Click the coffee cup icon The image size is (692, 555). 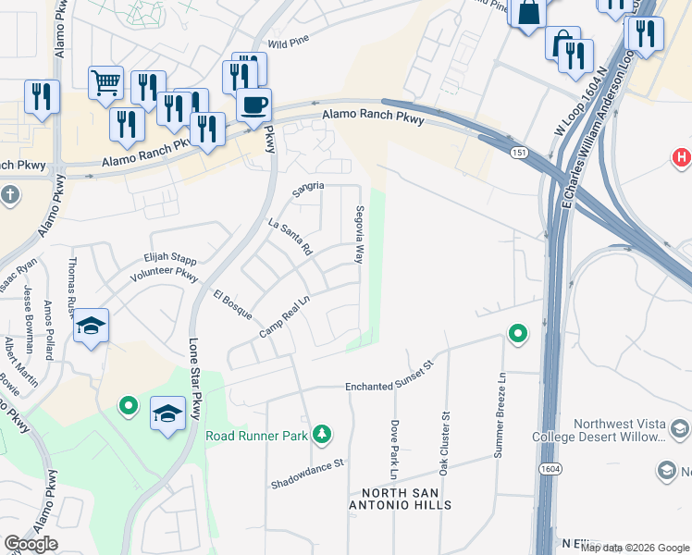point(253,105)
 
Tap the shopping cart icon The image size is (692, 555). point(105,83)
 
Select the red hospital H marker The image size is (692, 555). point(682,157)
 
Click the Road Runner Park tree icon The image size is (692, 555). point(322,433)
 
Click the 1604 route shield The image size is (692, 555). point(547,470)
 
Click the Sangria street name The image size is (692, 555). point(308,187)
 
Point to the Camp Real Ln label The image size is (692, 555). point(283,316)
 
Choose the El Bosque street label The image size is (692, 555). point(232,305)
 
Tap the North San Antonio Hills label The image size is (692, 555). point(400,498)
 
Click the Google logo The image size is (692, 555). point(31,544)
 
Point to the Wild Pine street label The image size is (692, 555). point(288,43)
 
